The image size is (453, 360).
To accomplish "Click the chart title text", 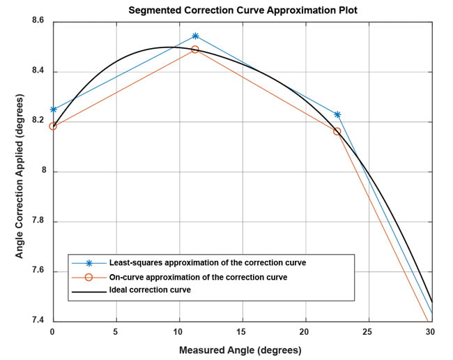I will (x=241, y=10).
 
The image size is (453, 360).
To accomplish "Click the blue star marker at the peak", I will (x=195, y=36).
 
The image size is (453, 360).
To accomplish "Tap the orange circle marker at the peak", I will (x=195, y=50).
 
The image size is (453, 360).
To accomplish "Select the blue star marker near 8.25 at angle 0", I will (x=53, y=110).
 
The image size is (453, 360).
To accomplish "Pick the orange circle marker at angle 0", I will (x=53, y=126).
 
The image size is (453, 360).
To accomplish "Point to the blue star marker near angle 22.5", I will (x=337, y=114).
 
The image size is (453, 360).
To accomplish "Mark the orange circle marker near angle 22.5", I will (x=337, y=131).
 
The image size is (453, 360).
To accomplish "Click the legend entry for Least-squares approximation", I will (x=208, y=263).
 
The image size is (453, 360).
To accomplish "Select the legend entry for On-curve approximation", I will (x=199, y=277).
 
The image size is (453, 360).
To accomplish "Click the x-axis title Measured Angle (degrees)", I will (x=240, y=350).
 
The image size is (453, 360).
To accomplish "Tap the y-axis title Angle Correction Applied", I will (x=20, y=172).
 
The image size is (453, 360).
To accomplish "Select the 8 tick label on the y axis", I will (x=42, y=172).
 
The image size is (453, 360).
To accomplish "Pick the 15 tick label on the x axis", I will (x=242, y=332).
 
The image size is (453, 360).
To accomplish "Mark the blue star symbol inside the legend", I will (x=89, y=263).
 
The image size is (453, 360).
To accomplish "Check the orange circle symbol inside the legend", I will (x=89, y=277).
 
